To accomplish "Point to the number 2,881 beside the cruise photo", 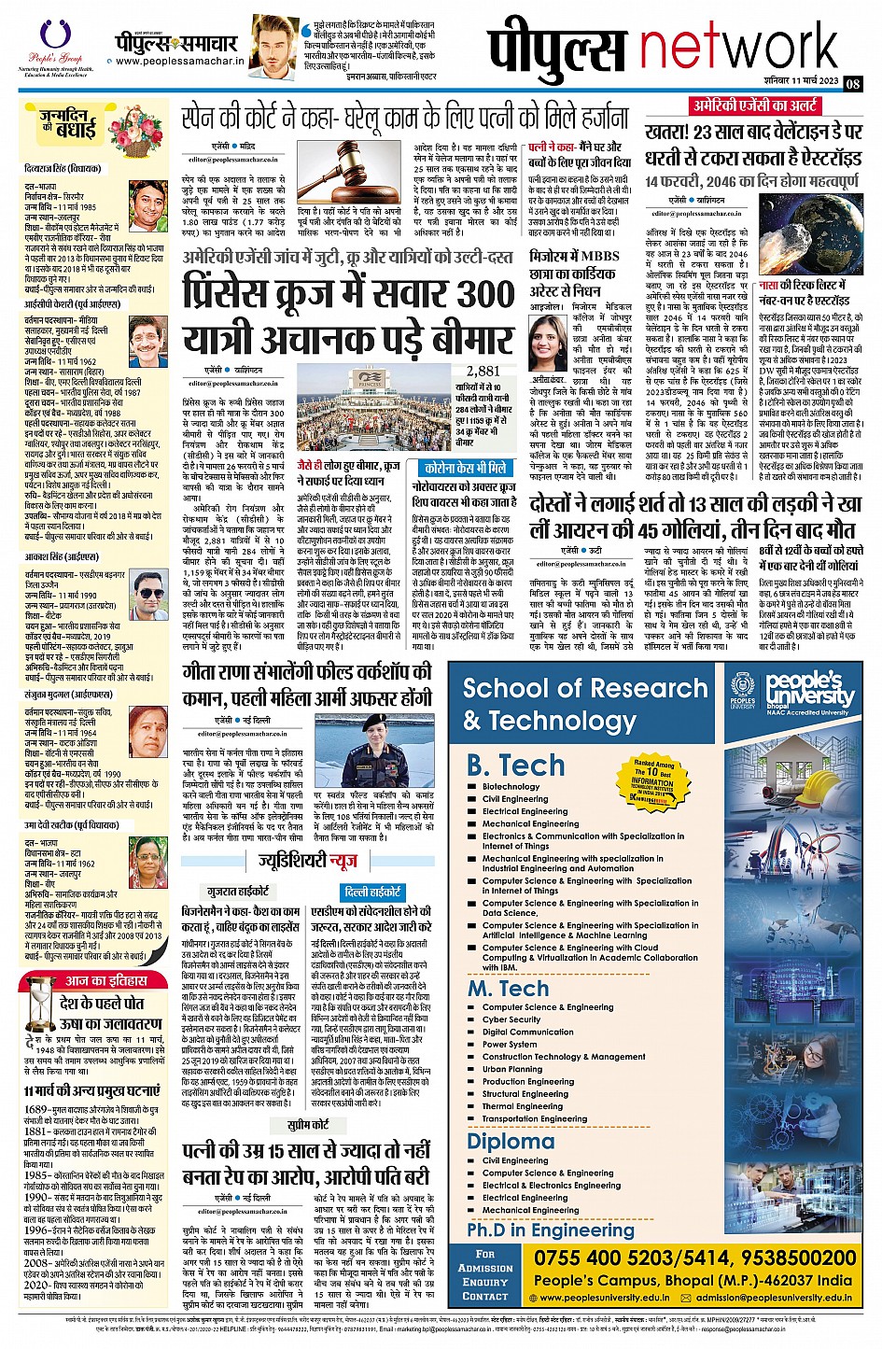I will [x=483, y=372].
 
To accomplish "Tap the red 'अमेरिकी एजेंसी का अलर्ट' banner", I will [x=754, y=105].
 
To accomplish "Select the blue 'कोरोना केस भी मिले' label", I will [x=465, y=468].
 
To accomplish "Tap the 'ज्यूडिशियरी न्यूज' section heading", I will [x=307, y=861].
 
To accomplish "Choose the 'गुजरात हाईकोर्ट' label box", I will [x=238, y=892].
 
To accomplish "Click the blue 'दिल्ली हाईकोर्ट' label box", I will [x=371, y=892].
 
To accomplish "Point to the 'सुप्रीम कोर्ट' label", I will [x=307, y=1125].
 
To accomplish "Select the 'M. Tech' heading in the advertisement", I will [x=508, y=989].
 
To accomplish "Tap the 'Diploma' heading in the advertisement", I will [x=510, y=1141].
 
